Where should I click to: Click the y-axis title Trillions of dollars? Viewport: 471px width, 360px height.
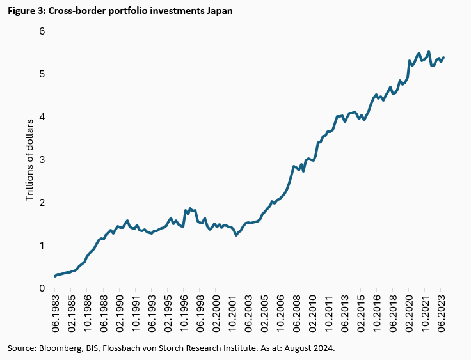pyautogui.click(x=29, y=159)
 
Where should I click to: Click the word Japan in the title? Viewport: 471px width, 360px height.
pyautogui.click(x=217, y=11)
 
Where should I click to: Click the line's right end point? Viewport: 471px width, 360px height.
pyautogui.click(x=444, y=57)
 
